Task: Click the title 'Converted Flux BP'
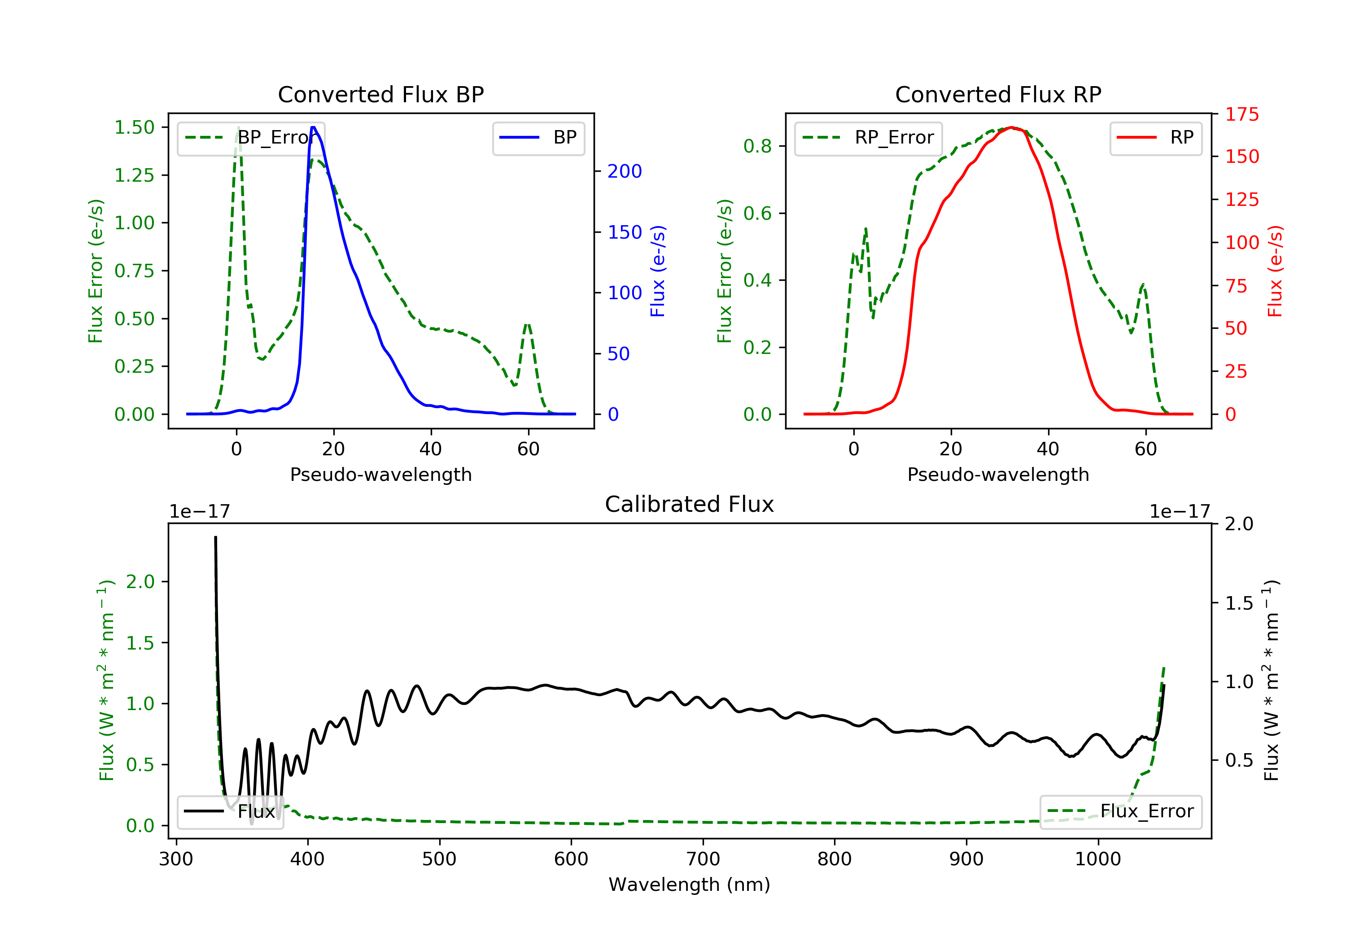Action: click(x=381, y=94)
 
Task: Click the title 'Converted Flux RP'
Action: click(x=998, y=94)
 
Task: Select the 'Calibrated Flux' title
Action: click(x=690, y=504)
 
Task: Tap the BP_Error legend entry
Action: click(x=250, y=138)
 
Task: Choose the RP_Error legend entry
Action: click(x=868, y=138)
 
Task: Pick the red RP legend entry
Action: click(x=1155, y=138)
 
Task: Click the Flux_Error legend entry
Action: click(x=1120, y=811)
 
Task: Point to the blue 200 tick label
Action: click(x=625, y=171)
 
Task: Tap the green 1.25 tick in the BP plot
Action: click(x=134, y=175)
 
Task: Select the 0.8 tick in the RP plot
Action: click(x=757, y=146)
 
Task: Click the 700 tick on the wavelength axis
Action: click(x=703, y=859)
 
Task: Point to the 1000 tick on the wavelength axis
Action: click(x=1098, y=859)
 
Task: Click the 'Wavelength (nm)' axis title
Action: click(x=690, y=885)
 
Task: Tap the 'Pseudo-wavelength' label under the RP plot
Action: click(x=998, y=474)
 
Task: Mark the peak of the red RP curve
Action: click(x=1011, y=127)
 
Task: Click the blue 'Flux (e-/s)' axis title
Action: click(x=658, y=271)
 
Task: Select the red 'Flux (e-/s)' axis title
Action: click(x=1275, y=271)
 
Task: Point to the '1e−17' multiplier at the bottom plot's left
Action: click(x=200, y=512)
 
